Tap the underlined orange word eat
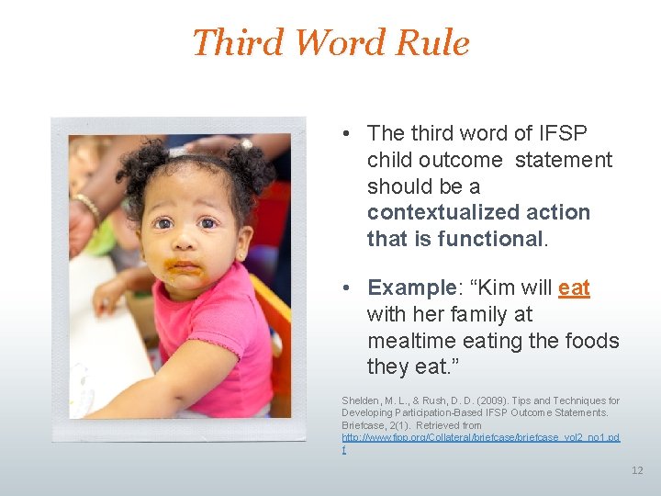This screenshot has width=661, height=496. tap(574, 288)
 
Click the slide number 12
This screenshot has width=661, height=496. tap(637, 470)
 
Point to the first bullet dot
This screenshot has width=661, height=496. tap(350, 134)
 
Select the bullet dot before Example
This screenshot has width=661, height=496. tap(350, 288)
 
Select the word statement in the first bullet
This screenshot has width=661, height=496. tap(563, 160)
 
